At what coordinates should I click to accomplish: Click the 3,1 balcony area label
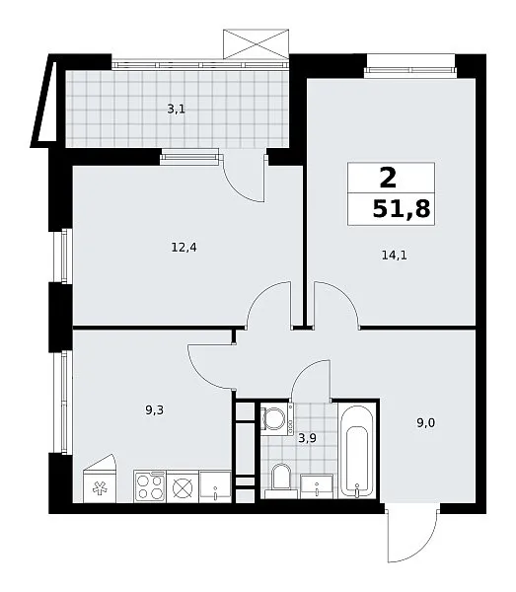(177, 110)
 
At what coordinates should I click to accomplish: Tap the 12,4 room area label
(184, 248)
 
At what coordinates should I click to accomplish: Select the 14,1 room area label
(394, 256)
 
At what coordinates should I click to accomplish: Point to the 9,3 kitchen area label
(154, 410)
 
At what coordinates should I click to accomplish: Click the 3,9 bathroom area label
(307, 438)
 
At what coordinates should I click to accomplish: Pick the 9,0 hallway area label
(426, 423)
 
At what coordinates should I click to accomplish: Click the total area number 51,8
(402, 209)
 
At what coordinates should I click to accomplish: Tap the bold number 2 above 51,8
(389, 178)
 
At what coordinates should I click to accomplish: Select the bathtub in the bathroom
(357, 451)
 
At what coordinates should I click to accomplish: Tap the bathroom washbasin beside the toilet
(317, 487)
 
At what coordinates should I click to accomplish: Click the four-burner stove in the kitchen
(150, 486)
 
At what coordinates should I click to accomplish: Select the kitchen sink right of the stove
(215, 486)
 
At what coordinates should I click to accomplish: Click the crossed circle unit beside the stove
(183, 487)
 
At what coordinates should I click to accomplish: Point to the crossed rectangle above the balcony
(257, 44)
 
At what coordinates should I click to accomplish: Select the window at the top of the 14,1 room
(409, 70)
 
